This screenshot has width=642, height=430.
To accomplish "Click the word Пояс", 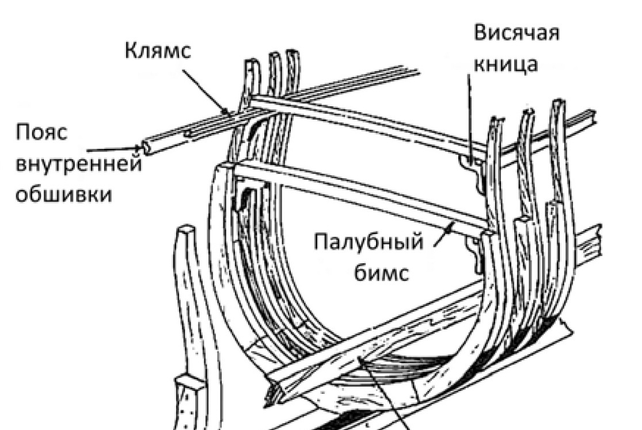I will point(41,133).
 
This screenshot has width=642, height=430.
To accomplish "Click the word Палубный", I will point(369,242).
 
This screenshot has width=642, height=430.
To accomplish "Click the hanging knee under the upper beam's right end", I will point(472,169).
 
